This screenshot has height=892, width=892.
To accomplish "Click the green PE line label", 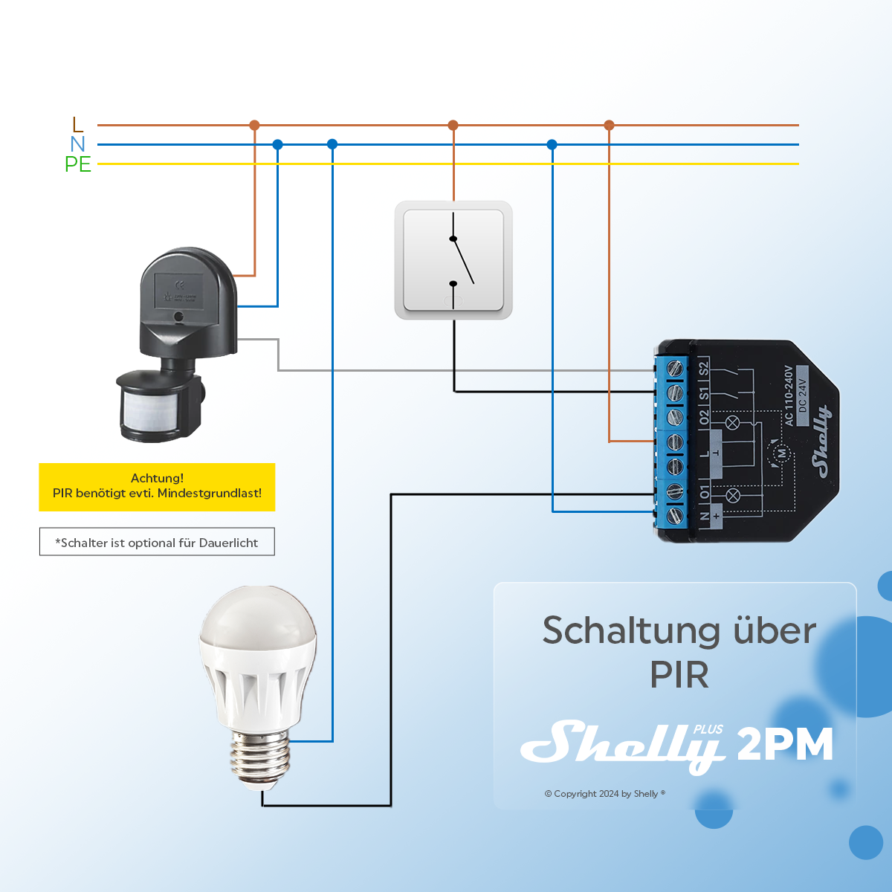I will pos(77,164).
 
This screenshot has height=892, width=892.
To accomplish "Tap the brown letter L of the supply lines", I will pos(78,124).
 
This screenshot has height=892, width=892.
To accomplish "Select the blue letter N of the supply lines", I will pos(77,144).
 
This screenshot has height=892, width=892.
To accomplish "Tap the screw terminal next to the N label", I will pos(675,514).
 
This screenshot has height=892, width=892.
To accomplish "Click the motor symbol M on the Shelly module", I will pos(781,453).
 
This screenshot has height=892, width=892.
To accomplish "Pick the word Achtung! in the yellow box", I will pos(157,478).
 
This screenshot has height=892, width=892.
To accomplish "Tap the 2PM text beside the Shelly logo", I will pos(785,744).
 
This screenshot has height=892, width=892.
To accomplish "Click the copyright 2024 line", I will pos(604,794).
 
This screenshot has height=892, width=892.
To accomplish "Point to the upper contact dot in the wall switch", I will pos(453,239).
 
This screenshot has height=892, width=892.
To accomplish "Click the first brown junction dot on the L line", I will pos(254,125).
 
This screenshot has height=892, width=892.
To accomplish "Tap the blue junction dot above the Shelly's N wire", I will pos(552,144).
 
